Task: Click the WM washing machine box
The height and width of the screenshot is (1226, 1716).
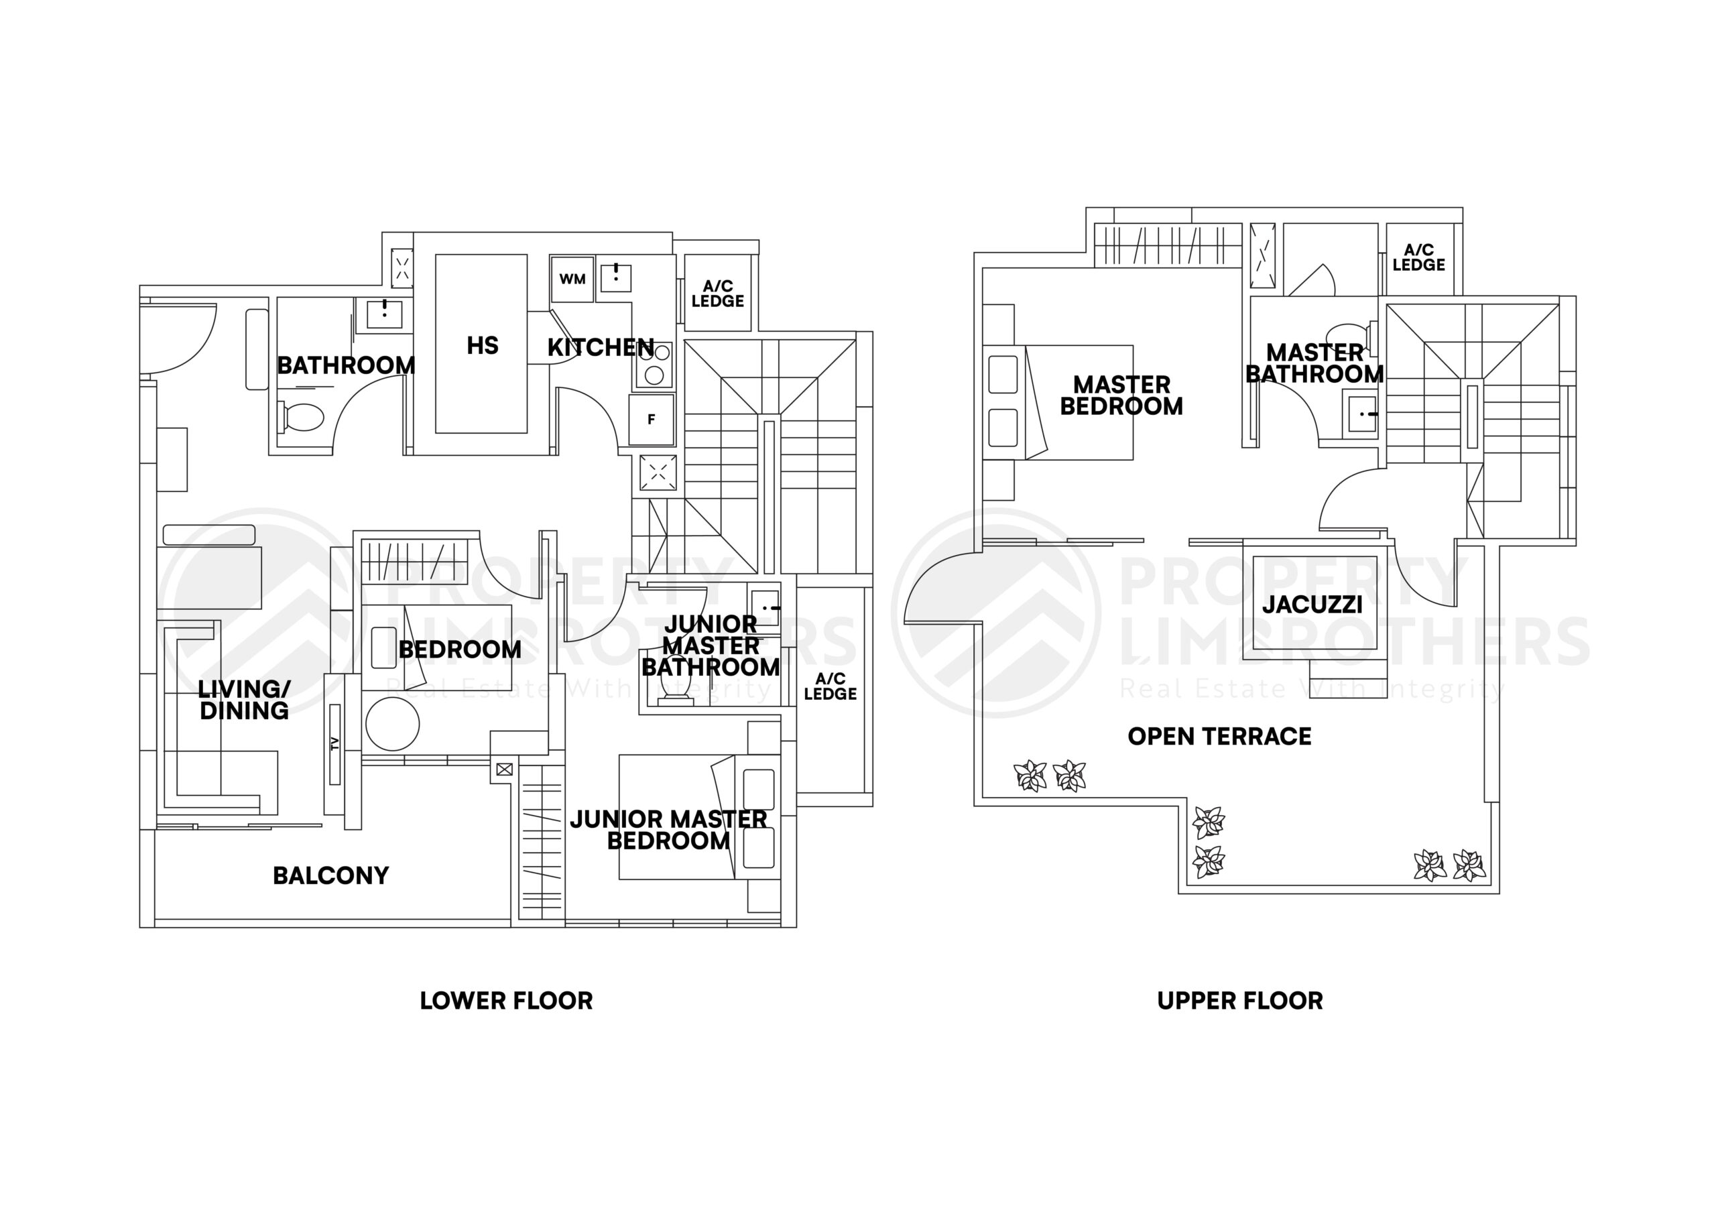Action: coord(572,280)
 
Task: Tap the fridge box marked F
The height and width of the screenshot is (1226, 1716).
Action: coord(651,420)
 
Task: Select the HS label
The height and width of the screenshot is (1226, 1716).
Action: coord(483,346)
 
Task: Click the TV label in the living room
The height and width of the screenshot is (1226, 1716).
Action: coord(334,744)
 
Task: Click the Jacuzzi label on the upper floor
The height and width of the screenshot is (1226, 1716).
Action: coord(1312,605)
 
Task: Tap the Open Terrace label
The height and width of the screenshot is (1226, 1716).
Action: coord(1219,736)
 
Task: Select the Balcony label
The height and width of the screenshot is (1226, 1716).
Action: coord(330,875)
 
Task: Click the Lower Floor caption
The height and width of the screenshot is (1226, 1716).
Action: coord(506,1001)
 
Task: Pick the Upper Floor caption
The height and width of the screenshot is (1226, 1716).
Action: coord(1239,1001)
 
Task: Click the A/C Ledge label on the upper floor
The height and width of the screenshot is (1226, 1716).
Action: coord(1418,257)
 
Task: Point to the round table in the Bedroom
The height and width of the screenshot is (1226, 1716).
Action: coord(393,723)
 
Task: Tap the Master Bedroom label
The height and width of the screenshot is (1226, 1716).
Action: coord(1121,395)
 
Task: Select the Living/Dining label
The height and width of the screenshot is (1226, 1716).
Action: coord(244,700)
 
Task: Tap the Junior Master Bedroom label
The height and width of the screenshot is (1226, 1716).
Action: coord(668,830)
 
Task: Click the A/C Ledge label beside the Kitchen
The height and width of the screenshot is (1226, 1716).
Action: coord(718,294)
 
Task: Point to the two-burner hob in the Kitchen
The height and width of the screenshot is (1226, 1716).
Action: coord(654,364)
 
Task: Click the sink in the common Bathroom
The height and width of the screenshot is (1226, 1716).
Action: coord(384,313)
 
